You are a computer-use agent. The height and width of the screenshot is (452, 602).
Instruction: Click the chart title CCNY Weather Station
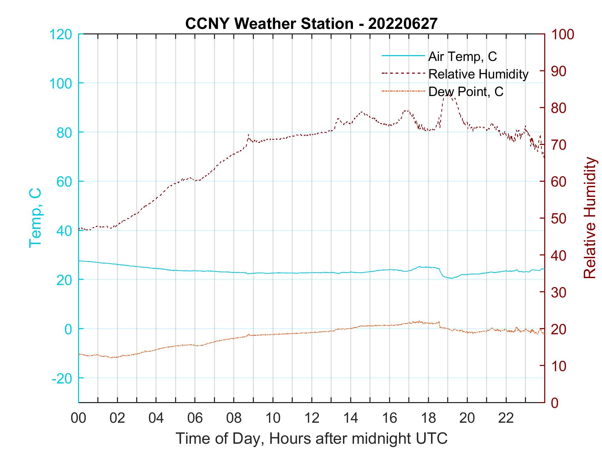pyautogui.click(x=311, y=23)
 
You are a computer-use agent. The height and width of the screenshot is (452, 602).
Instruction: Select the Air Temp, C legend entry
pyautogui.click(x=462, y=56)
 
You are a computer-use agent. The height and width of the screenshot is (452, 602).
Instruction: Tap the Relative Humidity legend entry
pyautogui.click(x=478, y=74)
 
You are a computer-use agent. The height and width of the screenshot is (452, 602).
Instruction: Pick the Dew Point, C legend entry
pyautogui.click(x=466, y=92)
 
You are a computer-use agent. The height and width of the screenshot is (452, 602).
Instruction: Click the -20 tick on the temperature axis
pyautogui.click(x=62, y=378)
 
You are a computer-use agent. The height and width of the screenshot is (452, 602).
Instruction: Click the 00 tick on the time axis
pyautogui.click(x=78, y=418)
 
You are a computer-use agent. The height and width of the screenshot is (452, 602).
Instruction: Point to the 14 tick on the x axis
pyautogui.click(x=351, y=418)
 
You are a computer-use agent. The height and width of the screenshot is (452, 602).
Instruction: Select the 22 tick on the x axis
pyautogui.click(x=506, y=418)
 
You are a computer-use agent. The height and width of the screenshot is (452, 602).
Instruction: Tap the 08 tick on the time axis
pyautogui.click(x=234, y=418)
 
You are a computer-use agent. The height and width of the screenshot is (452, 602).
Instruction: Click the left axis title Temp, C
pyautogui.click(x=35, y=218)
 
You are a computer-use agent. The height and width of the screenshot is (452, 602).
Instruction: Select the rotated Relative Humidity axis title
pyautogui.click(x=589, y=218)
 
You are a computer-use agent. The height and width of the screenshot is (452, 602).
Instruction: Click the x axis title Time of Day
pyautogui.click(x=311, y=438)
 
